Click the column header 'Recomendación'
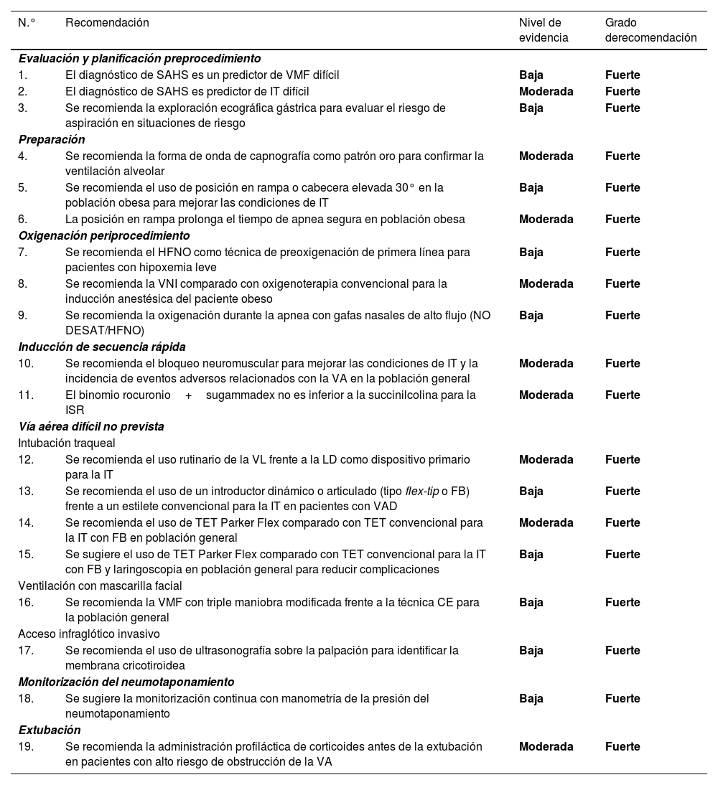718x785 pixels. [107, 23]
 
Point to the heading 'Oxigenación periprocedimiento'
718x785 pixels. [104, 235]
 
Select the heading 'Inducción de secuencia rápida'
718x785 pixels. [102, 347]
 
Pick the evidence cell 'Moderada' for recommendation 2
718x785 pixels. [546, 91]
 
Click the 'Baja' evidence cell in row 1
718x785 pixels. [531, 75]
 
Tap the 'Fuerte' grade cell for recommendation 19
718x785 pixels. [623, 746]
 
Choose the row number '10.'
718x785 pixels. [27, 363]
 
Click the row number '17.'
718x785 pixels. [27, 650]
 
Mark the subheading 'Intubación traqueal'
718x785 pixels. [67, 443]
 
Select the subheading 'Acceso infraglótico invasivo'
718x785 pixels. [89, 634]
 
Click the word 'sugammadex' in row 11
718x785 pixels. [236, 395]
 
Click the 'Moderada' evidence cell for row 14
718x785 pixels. [546, 522]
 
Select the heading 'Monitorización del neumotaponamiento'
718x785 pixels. [126, 682]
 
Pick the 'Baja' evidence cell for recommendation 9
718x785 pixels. [531, 315]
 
